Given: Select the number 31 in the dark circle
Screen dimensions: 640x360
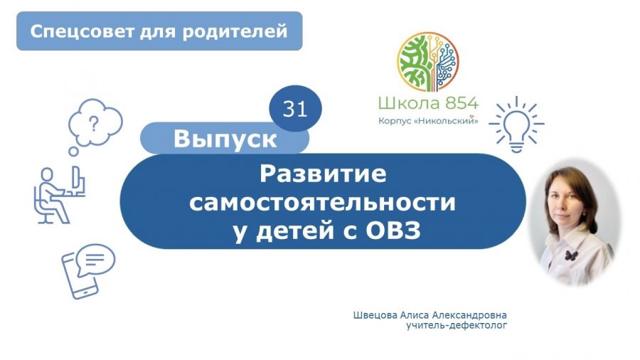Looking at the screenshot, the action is click(294, 109).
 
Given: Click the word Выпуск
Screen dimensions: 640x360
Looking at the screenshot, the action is click(225, 139).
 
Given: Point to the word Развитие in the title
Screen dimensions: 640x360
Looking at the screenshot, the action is click(323, 174).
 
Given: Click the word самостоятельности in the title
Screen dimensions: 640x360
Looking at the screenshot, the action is click(322, 203).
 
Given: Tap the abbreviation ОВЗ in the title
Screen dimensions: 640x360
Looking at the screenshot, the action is click(393, 231).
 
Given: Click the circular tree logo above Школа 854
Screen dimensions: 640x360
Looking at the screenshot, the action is click(428, 62).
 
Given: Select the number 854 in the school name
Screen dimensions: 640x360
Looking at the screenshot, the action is click(462, 103).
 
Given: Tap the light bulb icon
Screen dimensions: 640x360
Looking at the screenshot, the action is click(516, 125).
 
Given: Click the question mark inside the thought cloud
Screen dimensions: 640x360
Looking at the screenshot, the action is click(95, 123).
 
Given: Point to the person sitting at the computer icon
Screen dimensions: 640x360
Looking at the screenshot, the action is click(59, 195).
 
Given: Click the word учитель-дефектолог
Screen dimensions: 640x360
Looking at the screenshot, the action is click(457, 326).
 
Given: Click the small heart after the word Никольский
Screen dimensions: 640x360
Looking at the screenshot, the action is click(472, 117).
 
